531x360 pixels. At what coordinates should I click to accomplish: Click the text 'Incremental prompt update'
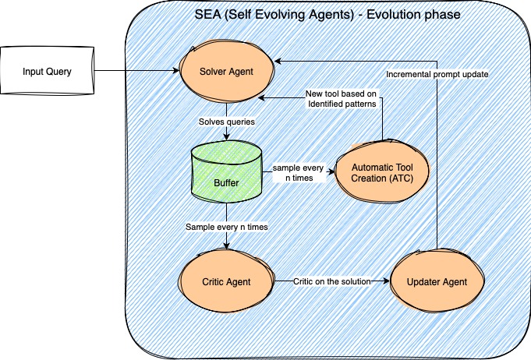(437, 75)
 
